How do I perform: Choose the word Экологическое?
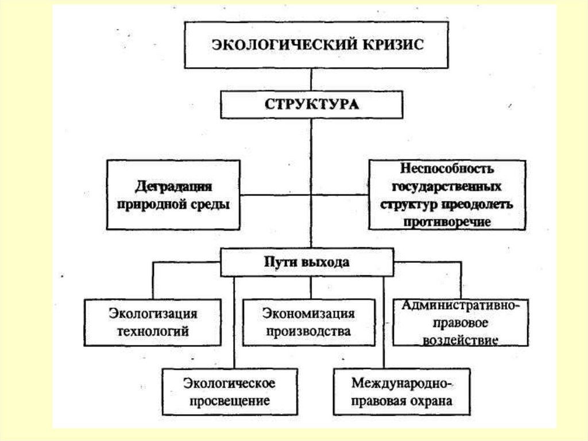coord(230,382)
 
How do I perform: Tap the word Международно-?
coord(403,382)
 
